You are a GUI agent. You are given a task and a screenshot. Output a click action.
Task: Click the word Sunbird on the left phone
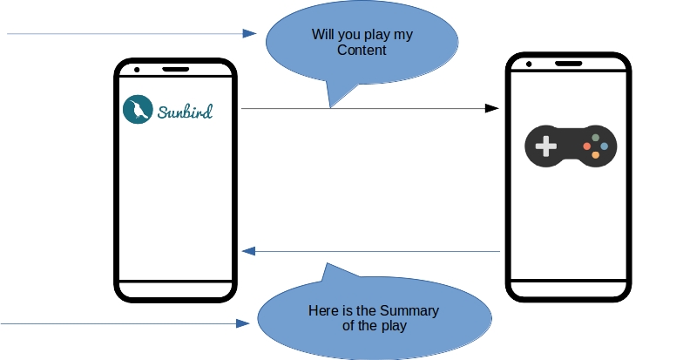point(185,111)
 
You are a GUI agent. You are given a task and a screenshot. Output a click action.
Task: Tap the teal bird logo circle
point(138,108)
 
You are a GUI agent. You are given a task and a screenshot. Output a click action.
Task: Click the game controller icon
point(570,144)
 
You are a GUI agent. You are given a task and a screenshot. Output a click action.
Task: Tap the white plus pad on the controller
point(546,146)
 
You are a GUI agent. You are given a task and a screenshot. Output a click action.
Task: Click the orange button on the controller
point(596,154)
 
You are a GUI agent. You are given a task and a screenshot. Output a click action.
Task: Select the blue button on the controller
point(604,146)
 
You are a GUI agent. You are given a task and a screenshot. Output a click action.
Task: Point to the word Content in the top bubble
point(362,51)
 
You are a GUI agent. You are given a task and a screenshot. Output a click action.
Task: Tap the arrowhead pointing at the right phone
point(491,108)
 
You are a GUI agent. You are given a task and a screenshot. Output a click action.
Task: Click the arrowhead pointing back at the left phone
point(248,251)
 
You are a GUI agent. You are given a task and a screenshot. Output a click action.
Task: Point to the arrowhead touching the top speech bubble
point(250,33)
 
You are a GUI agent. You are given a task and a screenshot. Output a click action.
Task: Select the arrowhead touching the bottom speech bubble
point(243,323)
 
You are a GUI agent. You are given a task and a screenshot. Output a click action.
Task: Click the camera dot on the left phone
point(138,69)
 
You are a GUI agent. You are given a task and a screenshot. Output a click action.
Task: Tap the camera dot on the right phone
point(528,64)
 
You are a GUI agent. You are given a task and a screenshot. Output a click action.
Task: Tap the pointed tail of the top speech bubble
point(332,103)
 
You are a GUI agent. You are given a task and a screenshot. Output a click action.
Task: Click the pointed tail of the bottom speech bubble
point(326,267)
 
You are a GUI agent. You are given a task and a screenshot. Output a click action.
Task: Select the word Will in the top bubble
point(323,35)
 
